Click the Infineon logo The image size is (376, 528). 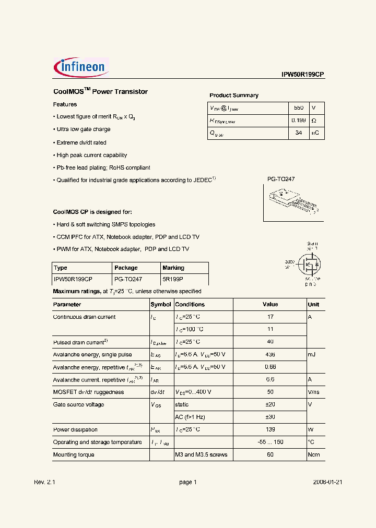(x=81, y=67)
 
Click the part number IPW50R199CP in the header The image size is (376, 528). (x=303, y=75)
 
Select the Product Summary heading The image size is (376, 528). (x=234, y=95)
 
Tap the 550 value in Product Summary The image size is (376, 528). (x=298, y=108)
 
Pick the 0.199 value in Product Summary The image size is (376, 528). (x=298, y=121)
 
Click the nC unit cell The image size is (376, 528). (x=315, y=133)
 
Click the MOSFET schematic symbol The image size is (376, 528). (x=310, y=265)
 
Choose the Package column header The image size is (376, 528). (x=126, y=268)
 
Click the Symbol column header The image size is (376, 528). (x=161, y=305)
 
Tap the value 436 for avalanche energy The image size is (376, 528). (x=270, y=355)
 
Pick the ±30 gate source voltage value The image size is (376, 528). (x=270, y=417)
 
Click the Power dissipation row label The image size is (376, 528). (x=75, y=430)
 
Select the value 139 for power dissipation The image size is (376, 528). (x=270, y=430)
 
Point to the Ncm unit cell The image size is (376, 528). (x=313, y=455)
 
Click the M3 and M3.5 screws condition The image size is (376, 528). (x=201, y=455)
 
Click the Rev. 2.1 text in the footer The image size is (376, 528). (x=44, y=483)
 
